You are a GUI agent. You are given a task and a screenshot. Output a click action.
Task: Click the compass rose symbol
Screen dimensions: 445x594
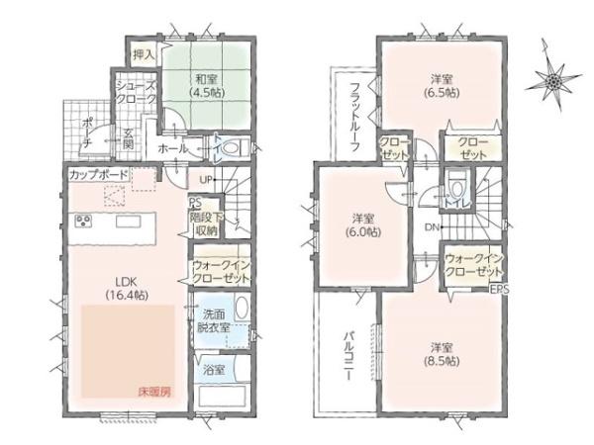pyautogui.click(x=554, y=76)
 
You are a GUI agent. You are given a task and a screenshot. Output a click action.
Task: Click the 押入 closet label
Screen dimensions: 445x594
pyautogui.click(x=144, y=52)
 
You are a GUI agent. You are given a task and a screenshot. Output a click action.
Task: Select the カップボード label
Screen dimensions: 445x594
pyautogui.click(x=97, y=174)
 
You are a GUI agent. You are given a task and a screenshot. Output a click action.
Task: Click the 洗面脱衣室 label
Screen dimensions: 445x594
pyautogui.click(x=210, y=319)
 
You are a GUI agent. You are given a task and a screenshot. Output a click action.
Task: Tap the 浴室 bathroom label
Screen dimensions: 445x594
pyautogui.click(x=213, y=370)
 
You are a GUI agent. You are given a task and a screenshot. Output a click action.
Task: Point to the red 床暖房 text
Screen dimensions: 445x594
pyautogui.click(x=153, y=392)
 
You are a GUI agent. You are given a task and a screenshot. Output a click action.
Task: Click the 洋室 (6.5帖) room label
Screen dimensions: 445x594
pyautogui.click(x=442, y=86)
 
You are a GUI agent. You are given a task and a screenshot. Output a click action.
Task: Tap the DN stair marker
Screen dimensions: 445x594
pyautogui.click(x=433, y=227)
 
